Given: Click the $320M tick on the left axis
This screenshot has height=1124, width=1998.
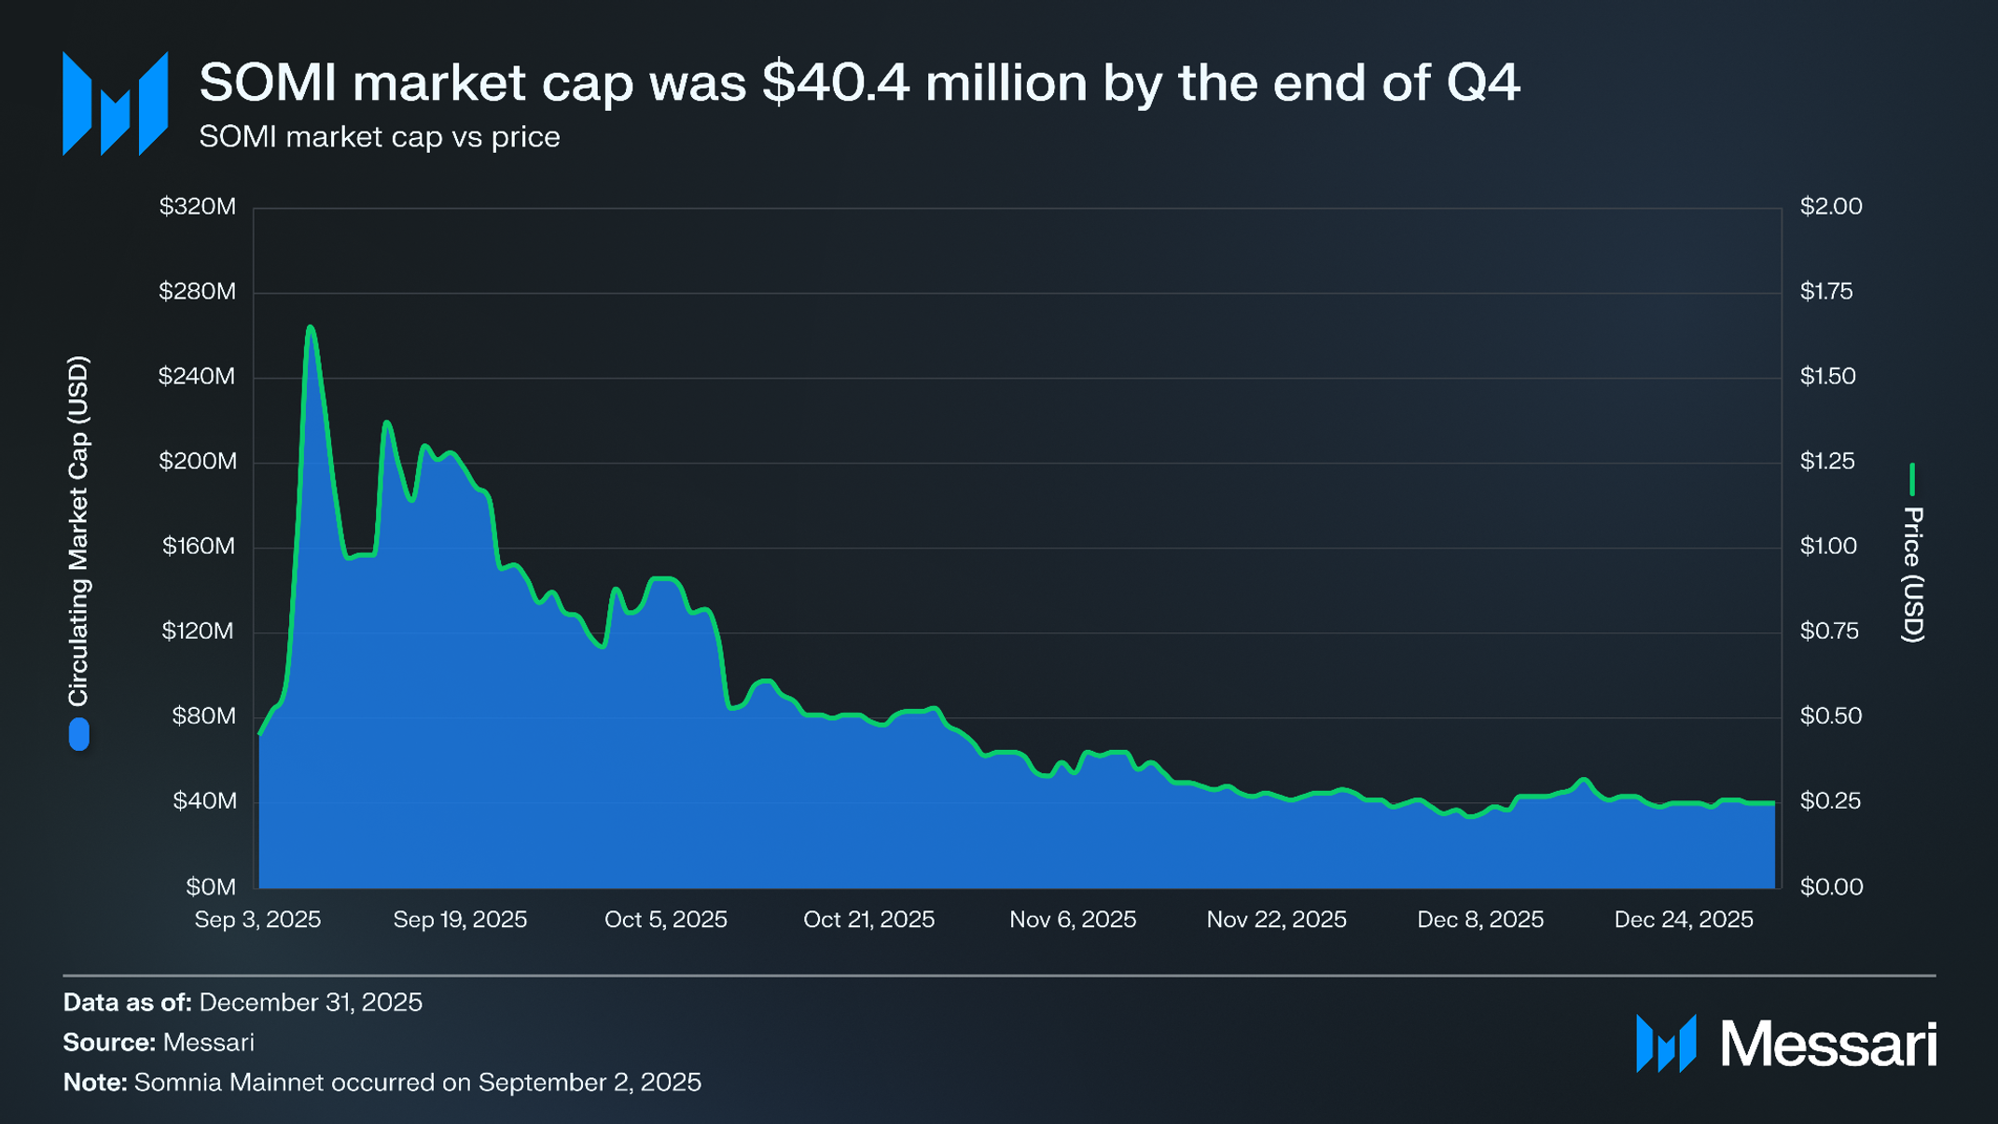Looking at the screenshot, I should pyautogui.click(x=197, y=206).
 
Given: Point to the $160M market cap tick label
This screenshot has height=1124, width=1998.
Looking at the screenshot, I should pyautogui.click(x=199, y=546).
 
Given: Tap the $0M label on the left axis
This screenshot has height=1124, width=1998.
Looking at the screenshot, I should pyautogui.click(x=210, y=886).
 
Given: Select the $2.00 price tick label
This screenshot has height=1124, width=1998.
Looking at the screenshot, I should pyautogui.click(x=1830, y=206).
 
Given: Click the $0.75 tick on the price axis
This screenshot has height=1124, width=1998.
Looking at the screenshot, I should pyautogui.click(x=1828, y=631).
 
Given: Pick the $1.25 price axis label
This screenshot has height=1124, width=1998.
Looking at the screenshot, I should pyautogui.click(x=1827, y=461).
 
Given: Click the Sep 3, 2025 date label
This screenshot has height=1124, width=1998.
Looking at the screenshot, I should pyautogui.click(x=257, y=920).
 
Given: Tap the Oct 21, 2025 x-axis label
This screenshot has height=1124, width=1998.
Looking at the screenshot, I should pyautogui.click(x=868, y=920).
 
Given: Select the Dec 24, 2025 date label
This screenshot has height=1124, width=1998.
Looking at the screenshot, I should pyautogui.click(x=1683, y=920).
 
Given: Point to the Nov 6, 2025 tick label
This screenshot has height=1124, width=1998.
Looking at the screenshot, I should pyautogui.click(x=1073, y=920).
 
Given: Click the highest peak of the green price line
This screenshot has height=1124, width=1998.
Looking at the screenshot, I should pyautogui.click(x=311, y=327).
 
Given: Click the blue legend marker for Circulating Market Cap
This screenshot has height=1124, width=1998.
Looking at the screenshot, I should pyautogui.click(x=79, y=734).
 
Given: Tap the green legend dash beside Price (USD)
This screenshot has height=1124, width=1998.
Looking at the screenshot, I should pyautogui.click(x=1912, y=479).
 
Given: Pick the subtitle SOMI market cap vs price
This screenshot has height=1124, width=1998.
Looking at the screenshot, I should pyautogui.click(x=379, y=137).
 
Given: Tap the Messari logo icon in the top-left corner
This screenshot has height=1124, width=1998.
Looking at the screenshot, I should pyautogui.click(x=115, y=104).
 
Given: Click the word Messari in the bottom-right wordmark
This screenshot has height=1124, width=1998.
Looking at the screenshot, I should pyautogui.click(x=1828, y=1044).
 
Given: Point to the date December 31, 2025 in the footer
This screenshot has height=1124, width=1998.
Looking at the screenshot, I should pyautogui.click(x=311, y=1002).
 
